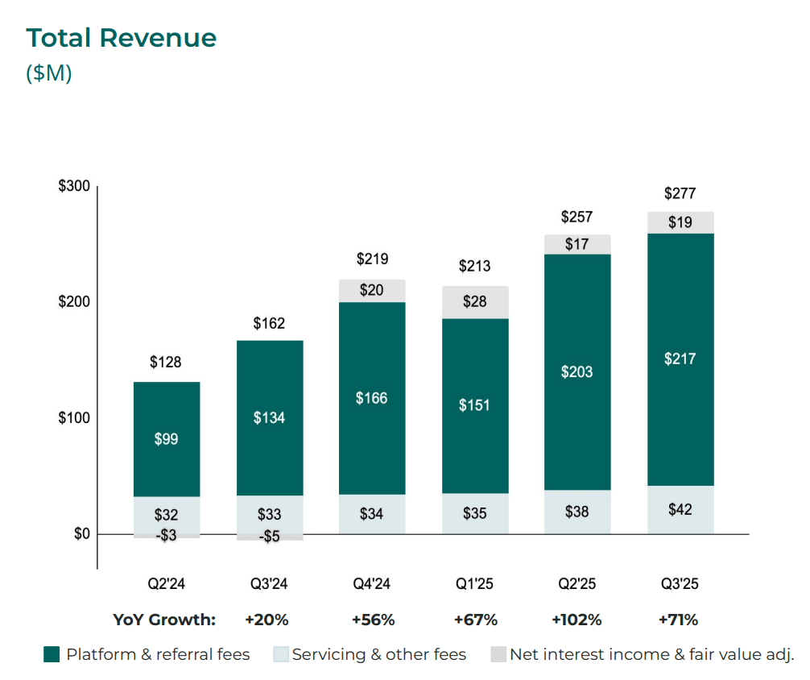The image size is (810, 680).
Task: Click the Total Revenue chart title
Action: click(122, 38)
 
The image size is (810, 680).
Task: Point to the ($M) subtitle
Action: click(49, 73)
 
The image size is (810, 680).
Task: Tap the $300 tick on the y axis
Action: click(74, 186)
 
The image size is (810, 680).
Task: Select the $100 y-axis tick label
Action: click(74, 418)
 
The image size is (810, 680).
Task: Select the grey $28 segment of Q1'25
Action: click(475, 302)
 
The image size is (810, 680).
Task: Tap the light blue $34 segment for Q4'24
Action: click(372, 513)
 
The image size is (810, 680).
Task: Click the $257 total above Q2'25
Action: click(577, 217)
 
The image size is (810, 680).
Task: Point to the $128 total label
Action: click(167, 363)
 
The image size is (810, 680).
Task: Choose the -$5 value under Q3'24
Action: click(269, 537)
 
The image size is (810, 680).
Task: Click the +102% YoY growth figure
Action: click(577, 620)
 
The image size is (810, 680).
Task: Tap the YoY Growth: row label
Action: click(164, 620)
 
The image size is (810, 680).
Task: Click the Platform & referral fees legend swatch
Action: click(52, 654)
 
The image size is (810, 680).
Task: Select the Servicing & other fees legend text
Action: click(379, 654)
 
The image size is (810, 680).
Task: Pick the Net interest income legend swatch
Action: click(498, 654)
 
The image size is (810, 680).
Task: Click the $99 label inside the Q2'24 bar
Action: click(167, 439)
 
